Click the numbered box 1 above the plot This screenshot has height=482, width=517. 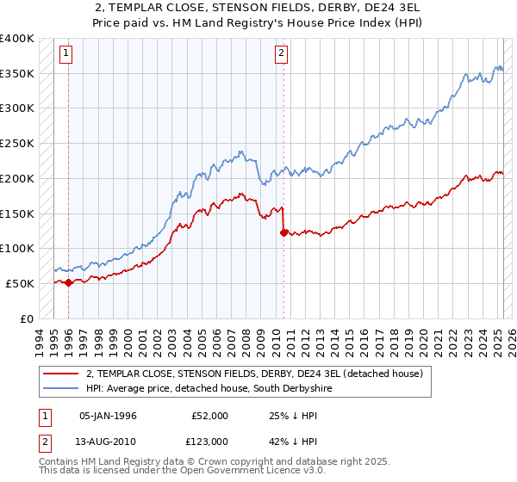[67, 53]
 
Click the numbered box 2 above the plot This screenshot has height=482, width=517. [282, 53]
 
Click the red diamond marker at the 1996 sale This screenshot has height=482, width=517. [68, 281]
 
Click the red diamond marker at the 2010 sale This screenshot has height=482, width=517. [283, 232]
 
